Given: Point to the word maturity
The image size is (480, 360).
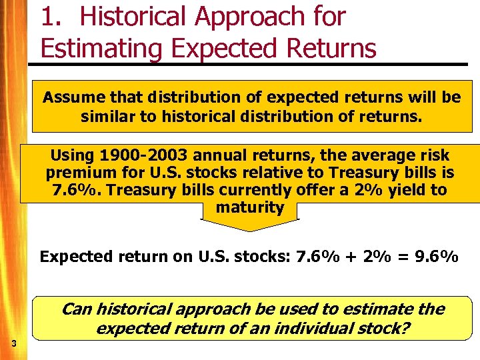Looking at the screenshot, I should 250,207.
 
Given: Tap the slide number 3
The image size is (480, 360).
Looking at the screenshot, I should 13,343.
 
